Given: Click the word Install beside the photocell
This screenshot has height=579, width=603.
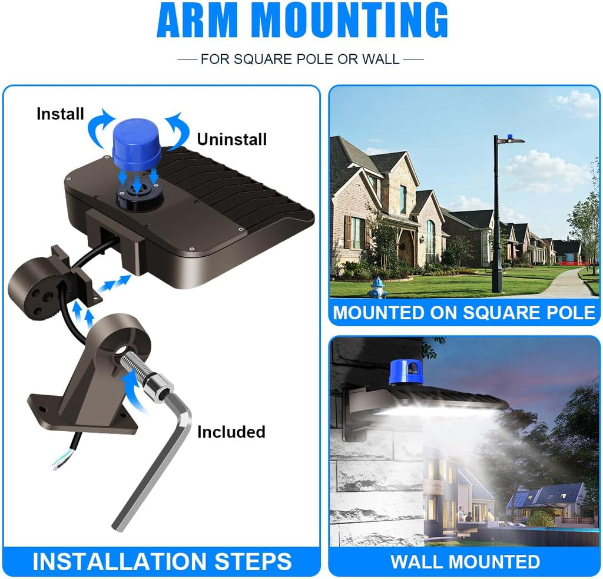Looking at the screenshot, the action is click(x=61, y=114).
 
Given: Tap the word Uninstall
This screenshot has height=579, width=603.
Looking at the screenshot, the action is click(x=231, y=139).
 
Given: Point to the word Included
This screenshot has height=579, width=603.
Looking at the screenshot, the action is click(x=231, y=432).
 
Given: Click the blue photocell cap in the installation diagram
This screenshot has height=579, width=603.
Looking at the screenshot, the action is click(x=137, y=141).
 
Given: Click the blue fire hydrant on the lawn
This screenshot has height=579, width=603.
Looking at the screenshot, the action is click(x=377, y=288).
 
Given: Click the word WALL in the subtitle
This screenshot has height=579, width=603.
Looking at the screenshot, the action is click(x=381, y=59).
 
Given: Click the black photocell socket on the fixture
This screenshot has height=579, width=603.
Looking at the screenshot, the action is click(x=140, y=196).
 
